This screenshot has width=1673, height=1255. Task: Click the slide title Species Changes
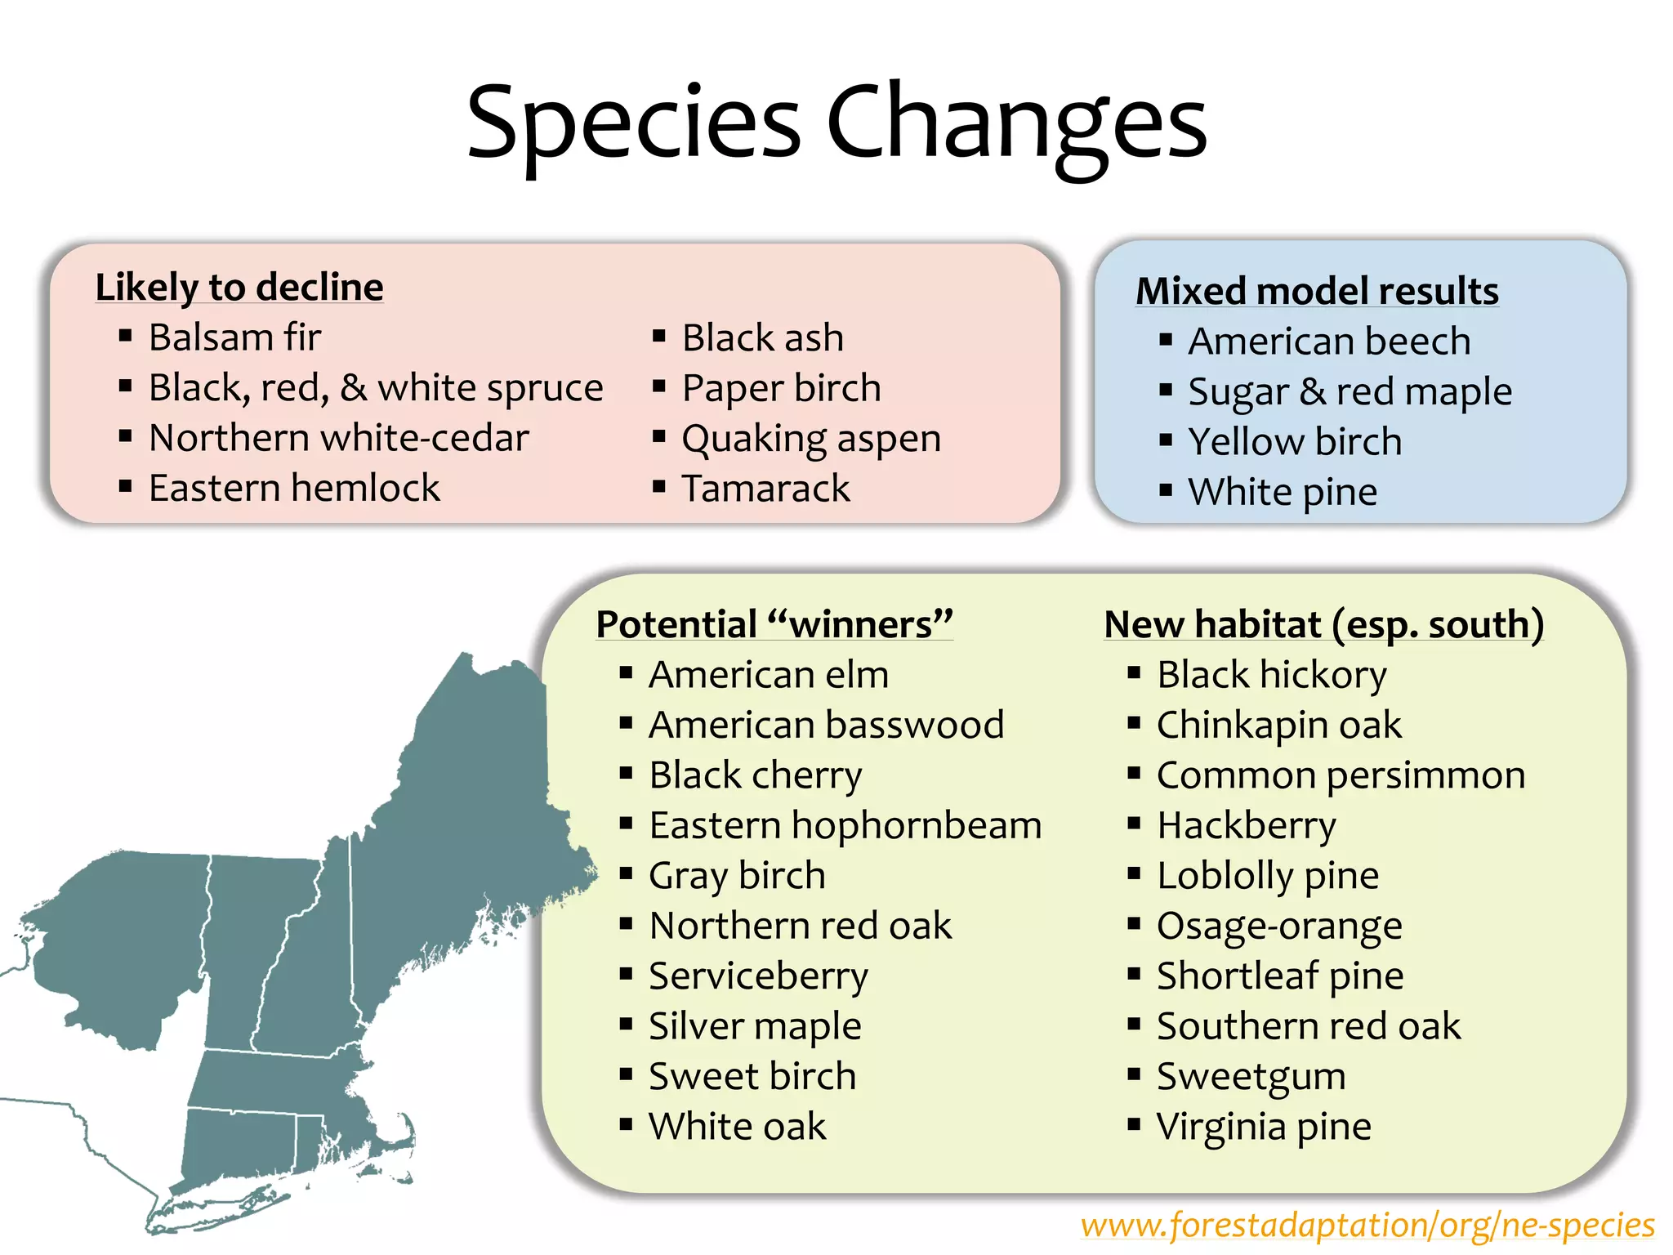pos(836,123)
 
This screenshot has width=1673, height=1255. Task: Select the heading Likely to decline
pos(239,288)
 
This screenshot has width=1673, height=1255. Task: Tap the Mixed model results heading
pos(1317,291)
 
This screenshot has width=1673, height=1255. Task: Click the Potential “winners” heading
pos(774,624)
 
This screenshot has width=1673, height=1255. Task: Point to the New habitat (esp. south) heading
pos(1323,624)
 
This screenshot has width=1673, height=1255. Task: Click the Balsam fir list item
pos(235,337)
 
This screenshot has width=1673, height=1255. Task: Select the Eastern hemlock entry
pos(294,489)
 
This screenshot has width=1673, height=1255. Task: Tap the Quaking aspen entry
pos(811,439)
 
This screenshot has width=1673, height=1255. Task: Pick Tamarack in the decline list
pos(765,489)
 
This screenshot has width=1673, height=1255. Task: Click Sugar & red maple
pos(1350,391)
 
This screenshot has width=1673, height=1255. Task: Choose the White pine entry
pos(1283,492)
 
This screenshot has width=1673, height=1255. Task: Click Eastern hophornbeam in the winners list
pos(845,825)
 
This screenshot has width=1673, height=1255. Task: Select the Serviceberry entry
pos(758,976)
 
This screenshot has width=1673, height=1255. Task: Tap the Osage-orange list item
pos(1279,926)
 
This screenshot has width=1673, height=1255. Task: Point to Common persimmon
pos(1341,775)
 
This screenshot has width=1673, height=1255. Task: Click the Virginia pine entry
pos(1264,1127)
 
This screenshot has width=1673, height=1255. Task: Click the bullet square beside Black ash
pos(659,336)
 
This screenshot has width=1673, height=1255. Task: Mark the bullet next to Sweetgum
pos(1134,1074)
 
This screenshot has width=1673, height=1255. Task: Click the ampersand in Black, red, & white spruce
pos(354,388)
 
